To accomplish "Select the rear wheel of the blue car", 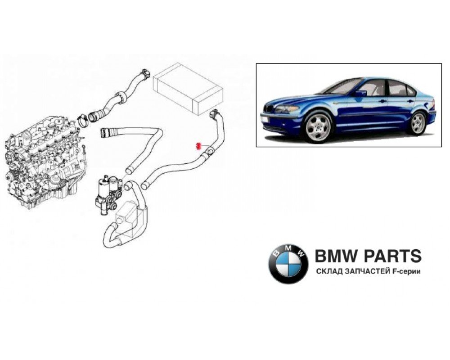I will tap(418, 123).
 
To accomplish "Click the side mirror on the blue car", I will tap(360, 93).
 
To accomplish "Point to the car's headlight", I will tap(285, 109).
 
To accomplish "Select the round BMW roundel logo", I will tap(288, 264).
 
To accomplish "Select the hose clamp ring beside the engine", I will tap(83, 120).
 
